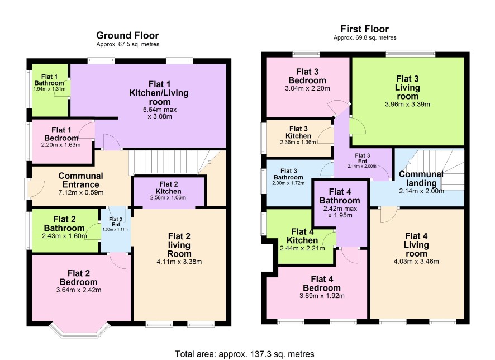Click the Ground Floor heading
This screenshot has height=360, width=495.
[127, 35]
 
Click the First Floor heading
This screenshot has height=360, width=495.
[365, 29]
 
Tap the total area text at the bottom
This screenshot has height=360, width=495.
[245, 354]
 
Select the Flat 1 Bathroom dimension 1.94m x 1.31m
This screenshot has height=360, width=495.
[49, 89]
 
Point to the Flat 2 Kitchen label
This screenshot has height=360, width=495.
[169, 188]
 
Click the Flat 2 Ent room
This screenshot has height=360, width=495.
[116, 230]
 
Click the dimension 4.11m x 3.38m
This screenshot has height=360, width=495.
[179, 262]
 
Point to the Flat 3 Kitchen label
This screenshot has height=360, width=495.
[298, 132]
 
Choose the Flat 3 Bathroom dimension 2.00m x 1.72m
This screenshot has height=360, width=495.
[288, 183]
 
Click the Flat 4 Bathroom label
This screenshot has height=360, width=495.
[340, 196]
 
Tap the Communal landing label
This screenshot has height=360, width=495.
[421, 178]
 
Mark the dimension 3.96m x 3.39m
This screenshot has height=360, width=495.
[407, 104]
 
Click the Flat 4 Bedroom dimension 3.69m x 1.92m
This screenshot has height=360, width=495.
[322, 296]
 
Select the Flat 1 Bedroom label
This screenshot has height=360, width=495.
[61, 134]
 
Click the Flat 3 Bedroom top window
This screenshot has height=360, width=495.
[306, 54]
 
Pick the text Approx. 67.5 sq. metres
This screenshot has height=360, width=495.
[127, 44]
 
